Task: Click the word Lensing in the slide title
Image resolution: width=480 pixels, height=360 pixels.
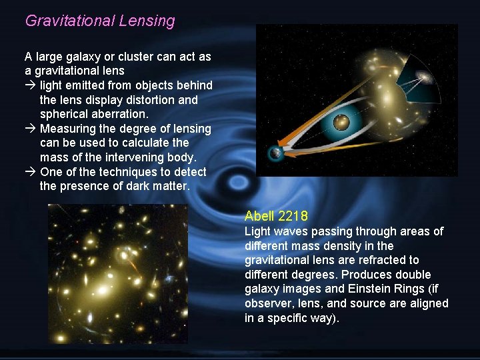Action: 147,21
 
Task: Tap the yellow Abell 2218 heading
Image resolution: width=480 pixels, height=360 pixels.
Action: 276,215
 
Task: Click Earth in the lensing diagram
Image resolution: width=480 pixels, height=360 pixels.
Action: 275,154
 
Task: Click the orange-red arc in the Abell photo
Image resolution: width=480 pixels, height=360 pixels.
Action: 134,266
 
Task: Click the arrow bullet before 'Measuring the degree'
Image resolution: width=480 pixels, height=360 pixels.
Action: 31,129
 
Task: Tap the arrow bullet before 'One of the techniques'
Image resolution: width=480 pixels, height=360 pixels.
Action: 31,172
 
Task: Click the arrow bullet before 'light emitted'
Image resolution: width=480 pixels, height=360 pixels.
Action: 31,85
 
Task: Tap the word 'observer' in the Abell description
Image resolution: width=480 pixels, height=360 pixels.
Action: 266,304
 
